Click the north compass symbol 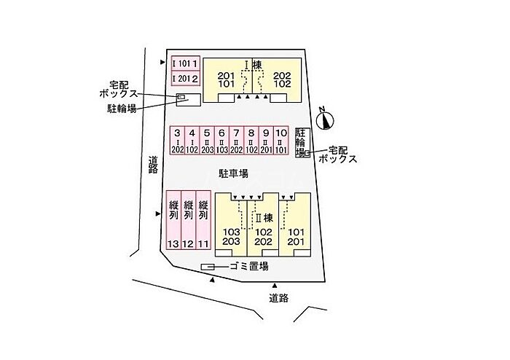[326, 120]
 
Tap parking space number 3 [177, 141]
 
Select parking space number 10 [281, 141]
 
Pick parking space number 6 [221, 141]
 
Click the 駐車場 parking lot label [234, 173]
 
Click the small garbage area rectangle [208, 266]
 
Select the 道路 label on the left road [153, 165]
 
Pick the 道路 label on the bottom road [279, 298]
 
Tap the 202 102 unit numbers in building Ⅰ [283, 79]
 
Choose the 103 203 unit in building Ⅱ [232, 237]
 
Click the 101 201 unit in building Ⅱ [295, 237]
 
